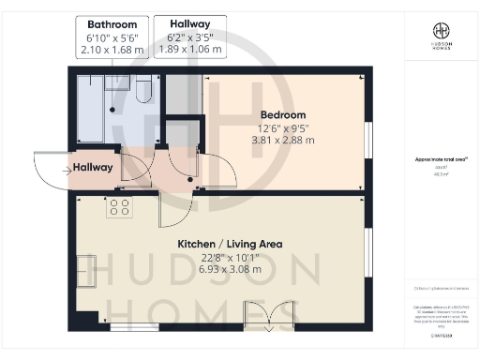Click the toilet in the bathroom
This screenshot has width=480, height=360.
(x=142, y=88)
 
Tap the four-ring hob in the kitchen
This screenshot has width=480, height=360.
(x=119, y=206)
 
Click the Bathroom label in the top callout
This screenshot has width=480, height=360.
(x=112, y=24)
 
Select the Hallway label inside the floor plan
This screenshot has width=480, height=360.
(x=93, y=168)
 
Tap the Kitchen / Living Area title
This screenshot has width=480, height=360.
(x=230, y=244)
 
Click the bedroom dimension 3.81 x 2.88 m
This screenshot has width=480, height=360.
(x=283, y=141)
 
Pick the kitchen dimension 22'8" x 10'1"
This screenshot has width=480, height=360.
(x=230, y=257)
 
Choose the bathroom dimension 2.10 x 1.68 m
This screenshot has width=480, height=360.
(x=112, y=49)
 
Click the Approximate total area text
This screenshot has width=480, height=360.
(x=436, y=161)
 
